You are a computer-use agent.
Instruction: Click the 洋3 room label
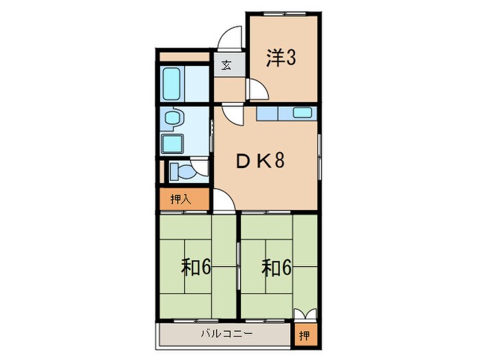click(x=281, y=59)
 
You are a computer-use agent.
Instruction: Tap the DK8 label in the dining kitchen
click(x=260, y=162)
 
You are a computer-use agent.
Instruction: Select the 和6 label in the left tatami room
click(x=196, y=267)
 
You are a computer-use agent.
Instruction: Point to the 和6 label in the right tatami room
click(x=276, y=267)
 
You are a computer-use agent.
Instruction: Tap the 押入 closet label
click(x=180, y=200)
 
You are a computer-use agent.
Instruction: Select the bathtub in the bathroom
click(x=172, y=84)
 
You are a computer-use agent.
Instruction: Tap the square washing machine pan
click(x=171, y=144)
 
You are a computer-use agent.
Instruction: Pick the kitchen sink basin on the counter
click(x=302, y=112)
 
